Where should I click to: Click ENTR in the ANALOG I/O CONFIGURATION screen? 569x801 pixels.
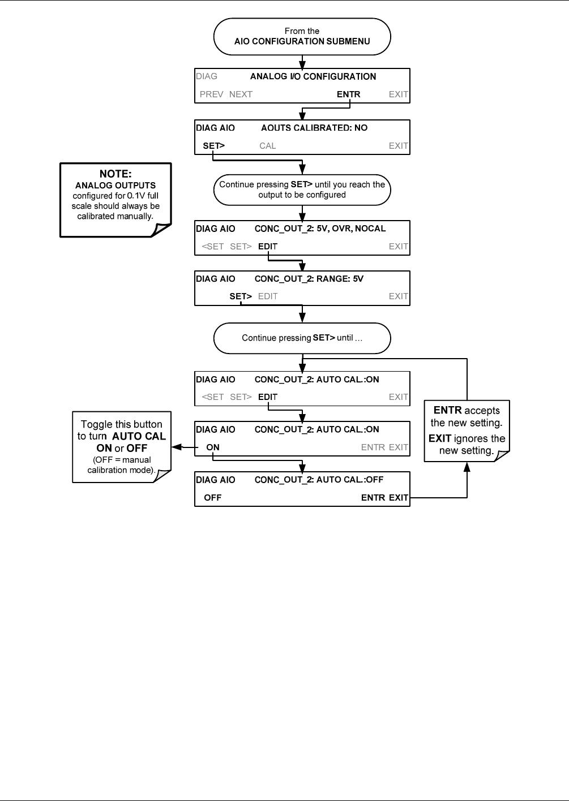[348, 94]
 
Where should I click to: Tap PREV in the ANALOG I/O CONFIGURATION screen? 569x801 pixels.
[211, 94]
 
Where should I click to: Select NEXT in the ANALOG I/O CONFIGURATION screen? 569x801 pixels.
[241, 94]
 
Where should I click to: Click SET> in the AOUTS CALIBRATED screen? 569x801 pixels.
[213, 145]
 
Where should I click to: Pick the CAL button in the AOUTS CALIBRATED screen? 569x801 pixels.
[267, 145]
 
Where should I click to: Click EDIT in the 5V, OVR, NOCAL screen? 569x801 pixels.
[267, 247]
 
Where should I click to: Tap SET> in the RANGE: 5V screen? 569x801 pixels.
[241, 296]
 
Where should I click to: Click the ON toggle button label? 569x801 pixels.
[212, 447]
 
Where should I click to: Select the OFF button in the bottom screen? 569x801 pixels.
[212, 497]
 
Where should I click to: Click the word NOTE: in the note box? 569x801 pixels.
[115, 174]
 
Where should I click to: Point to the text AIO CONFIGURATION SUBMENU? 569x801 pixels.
[302, 41]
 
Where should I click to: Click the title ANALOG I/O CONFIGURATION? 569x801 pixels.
[313, 76]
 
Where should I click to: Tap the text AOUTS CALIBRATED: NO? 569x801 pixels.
[314, 128]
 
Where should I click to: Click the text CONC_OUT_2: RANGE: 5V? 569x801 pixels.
[309, 278]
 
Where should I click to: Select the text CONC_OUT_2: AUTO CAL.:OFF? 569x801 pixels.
[319, 480]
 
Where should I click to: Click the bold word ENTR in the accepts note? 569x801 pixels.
[447, 410]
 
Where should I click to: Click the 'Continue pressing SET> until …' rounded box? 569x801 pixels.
[302, 338]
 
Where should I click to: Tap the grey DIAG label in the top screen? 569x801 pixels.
[207, 76]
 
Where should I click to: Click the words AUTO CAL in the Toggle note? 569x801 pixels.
[139, 436]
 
